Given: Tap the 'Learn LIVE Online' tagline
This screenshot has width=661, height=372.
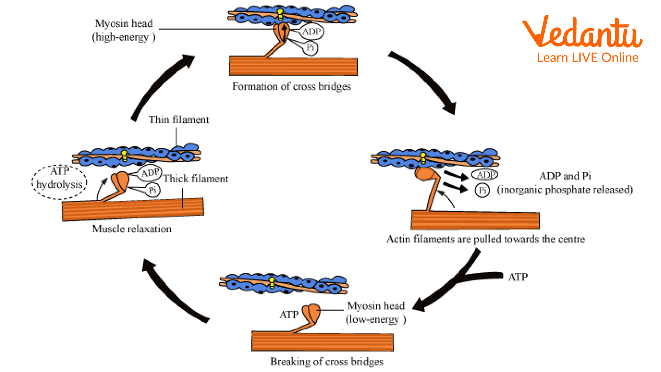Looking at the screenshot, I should (x=587, y=58).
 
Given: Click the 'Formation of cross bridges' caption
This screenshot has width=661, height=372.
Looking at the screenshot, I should (x=291, y=86).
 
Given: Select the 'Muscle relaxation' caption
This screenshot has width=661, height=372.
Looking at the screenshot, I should (x=132, y=229).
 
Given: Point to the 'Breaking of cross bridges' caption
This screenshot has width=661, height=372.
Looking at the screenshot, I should (x=326, y=361).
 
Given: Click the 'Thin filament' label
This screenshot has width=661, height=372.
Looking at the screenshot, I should (x=179, y=120).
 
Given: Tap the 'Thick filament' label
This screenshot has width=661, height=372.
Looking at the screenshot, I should (x=196, y=178).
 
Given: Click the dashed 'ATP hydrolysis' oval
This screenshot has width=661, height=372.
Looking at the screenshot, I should (x=60, y=182).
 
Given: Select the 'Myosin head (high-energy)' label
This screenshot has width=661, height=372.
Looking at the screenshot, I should (x=124, y=30).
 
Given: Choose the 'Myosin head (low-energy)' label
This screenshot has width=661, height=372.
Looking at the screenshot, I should (x=376, y=312).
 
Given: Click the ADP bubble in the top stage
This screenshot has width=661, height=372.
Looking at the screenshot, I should (x=312, y=32).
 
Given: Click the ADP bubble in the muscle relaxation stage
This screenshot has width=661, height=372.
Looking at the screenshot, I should (x=150, y=173).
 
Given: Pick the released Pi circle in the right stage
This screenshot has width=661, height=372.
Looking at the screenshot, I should (x=482, y=190).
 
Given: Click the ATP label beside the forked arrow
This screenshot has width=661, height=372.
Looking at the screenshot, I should (x=518, y=277).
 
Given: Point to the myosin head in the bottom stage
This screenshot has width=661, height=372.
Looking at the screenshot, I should (x=312, y=312).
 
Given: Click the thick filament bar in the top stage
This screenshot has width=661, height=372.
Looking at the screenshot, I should (x=293, y=66).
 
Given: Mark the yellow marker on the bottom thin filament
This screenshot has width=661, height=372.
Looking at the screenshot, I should (x=272, y=282).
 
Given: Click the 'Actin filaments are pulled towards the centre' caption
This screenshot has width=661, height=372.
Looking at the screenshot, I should (x=485, y=239).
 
